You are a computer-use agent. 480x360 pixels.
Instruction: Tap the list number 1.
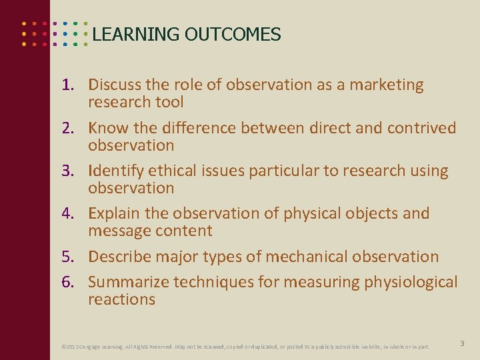(x=68, y=85)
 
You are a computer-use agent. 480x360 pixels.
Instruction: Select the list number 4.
(x=68, y=214)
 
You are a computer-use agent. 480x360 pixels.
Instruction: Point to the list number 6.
(x=68, y=283)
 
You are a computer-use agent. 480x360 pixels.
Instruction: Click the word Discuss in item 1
(x=111, y=85)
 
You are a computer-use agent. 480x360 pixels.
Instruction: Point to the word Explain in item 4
(x=111, y=214)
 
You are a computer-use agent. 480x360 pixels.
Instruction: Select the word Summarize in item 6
(x=128, y=283)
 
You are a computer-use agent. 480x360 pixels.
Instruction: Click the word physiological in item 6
(x=411, y=283)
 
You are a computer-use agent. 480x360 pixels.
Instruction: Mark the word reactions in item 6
(x=121, y=299)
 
